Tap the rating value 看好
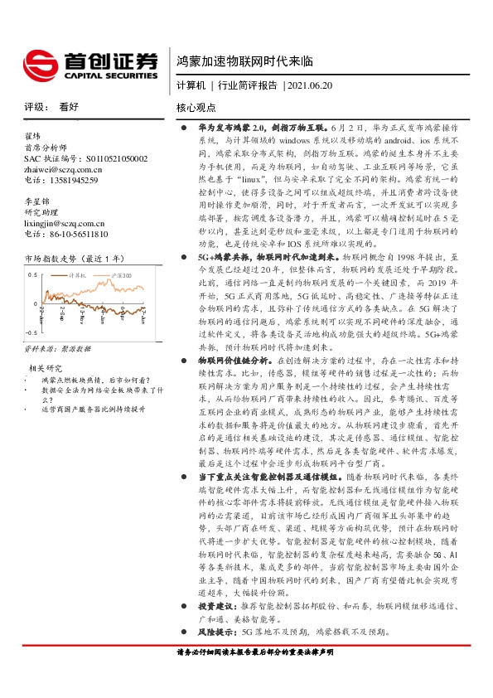click(x=69, y=107)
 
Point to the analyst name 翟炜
click(x=32, y=134)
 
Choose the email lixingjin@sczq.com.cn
click(x=69, y=223)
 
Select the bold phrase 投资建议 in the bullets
click(x=215, y=607)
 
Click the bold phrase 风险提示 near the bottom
click(x=215, y=631)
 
